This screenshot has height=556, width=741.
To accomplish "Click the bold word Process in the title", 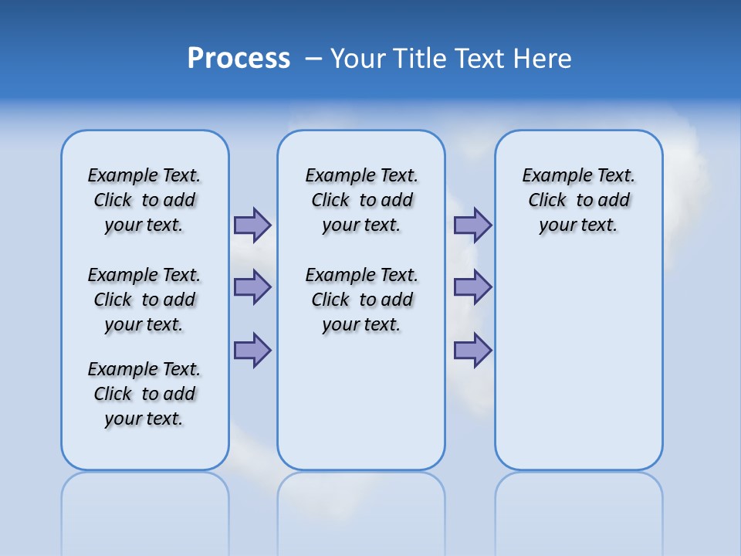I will tap(239, 58).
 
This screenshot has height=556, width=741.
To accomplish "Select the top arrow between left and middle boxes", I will tap(252, 225).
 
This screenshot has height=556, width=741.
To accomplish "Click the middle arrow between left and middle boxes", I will tap(252, 287).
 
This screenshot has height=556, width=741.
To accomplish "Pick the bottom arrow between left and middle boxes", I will tap(252, 350).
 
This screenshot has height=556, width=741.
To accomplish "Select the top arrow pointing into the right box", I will tap(472, 225).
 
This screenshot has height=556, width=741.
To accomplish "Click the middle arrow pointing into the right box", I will tap(472, 287).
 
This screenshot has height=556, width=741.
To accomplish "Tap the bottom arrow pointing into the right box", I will tap(472, 350).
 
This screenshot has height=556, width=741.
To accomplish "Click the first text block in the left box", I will tap(144, 200).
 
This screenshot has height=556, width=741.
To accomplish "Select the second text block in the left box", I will tap(144, 300).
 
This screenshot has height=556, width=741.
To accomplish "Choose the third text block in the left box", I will tap(144, 394).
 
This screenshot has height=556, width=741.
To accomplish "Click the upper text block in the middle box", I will tap(361, 200).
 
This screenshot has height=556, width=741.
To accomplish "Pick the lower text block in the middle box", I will tap(361, 300).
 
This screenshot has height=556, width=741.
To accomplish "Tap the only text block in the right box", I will tap(578, 200).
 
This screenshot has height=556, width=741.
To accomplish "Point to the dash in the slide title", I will tap(313, 59).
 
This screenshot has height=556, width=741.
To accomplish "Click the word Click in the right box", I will tap(547, 201).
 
